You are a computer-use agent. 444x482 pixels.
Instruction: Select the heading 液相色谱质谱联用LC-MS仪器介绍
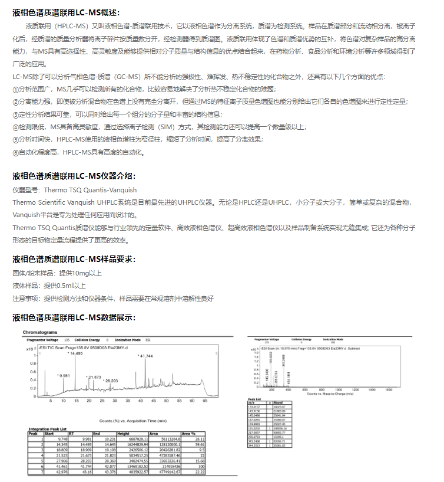click(74, 176)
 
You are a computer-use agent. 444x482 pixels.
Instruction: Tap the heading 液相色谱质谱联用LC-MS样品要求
click(74, 259)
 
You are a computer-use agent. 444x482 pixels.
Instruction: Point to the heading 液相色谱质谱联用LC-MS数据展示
click(74, 318)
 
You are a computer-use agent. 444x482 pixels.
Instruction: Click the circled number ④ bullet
click(16, 127)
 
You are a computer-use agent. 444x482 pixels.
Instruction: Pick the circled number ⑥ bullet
click(16, 152)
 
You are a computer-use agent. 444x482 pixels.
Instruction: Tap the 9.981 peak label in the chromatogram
click(63, 375)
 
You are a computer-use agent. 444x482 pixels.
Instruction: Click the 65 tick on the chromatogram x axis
click(205, 401)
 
